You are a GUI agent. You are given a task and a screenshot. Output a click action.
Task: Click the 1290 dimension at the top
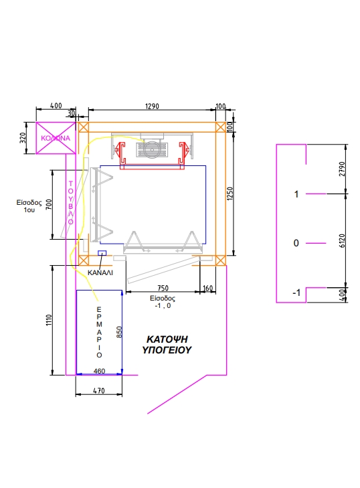point(152,106)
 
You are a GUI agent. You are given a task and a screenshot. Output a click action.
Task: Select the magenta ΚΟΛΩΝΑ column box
point(56,138)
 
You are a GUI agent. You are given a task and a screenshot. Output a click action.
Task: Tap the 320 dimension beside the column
point(23,138)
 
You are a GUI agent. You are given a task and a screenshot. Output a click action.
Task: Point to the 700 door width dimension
point(49,204)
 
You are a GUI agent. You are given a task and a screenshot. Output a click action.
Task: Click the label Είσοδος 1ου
point(29,206)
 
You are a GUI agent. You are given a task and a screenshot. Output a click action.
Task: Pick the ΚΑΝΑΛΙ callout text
point(100,272)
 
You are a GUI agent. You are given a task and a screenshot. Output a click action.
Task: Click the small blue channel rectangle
point(102,253)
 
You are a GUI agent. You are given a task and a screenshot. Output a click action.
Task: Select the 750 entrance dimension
point(163,289)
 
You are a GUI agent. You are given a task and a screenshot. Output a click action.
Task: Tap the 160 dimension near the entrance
point(207,289)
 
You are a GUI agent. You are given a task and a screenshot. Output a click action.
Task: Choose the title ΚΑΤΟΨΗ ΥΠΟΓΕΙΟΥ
point(167,345)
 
